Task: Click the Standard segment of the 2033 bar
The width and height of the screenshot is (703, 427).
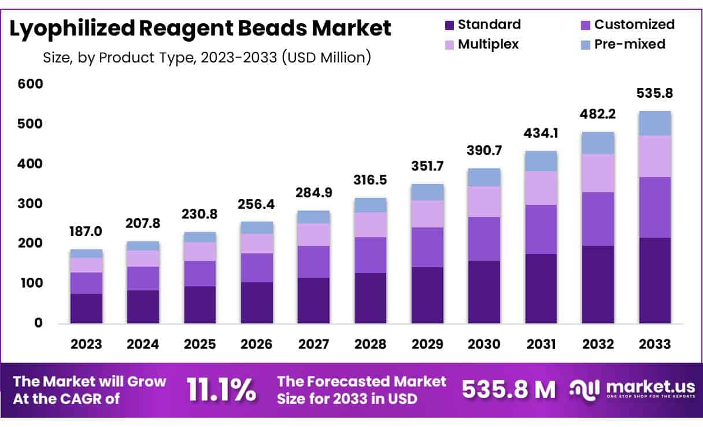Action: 654,281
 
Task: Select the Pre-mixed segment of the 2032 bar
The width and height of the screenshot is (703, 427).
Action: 598,143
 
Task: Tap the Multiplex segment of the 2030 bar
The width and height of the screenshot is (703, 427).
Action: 484,201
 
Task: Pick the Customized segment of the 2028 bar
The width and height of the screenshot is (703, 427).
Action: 371,255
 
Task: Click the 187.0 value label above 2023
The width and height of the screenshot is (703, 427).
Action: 86,232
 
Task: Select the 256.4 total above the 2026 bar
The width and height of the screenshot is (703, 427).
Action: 257,204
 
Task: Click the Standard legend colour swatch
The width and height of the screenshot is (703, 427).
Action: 450,25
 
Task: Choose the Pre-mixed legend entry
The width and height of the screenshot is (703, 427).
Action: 630,44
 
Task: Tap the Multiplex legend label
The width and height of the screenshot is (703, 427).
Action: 489,44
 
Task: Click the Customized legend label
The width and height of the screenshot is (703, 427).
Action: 634,24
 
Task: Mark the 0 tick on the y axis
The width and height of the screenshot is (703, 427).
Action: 38,323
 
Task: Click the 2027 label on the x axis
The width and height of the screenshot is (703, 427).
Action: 314,344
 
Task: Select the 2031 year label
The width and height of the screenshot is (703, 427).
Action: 541,344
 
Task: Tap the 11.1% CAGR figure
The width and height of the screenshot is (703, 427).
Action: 221,391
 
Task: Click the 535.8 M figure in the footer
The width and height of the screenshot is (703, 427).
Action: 509,391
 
